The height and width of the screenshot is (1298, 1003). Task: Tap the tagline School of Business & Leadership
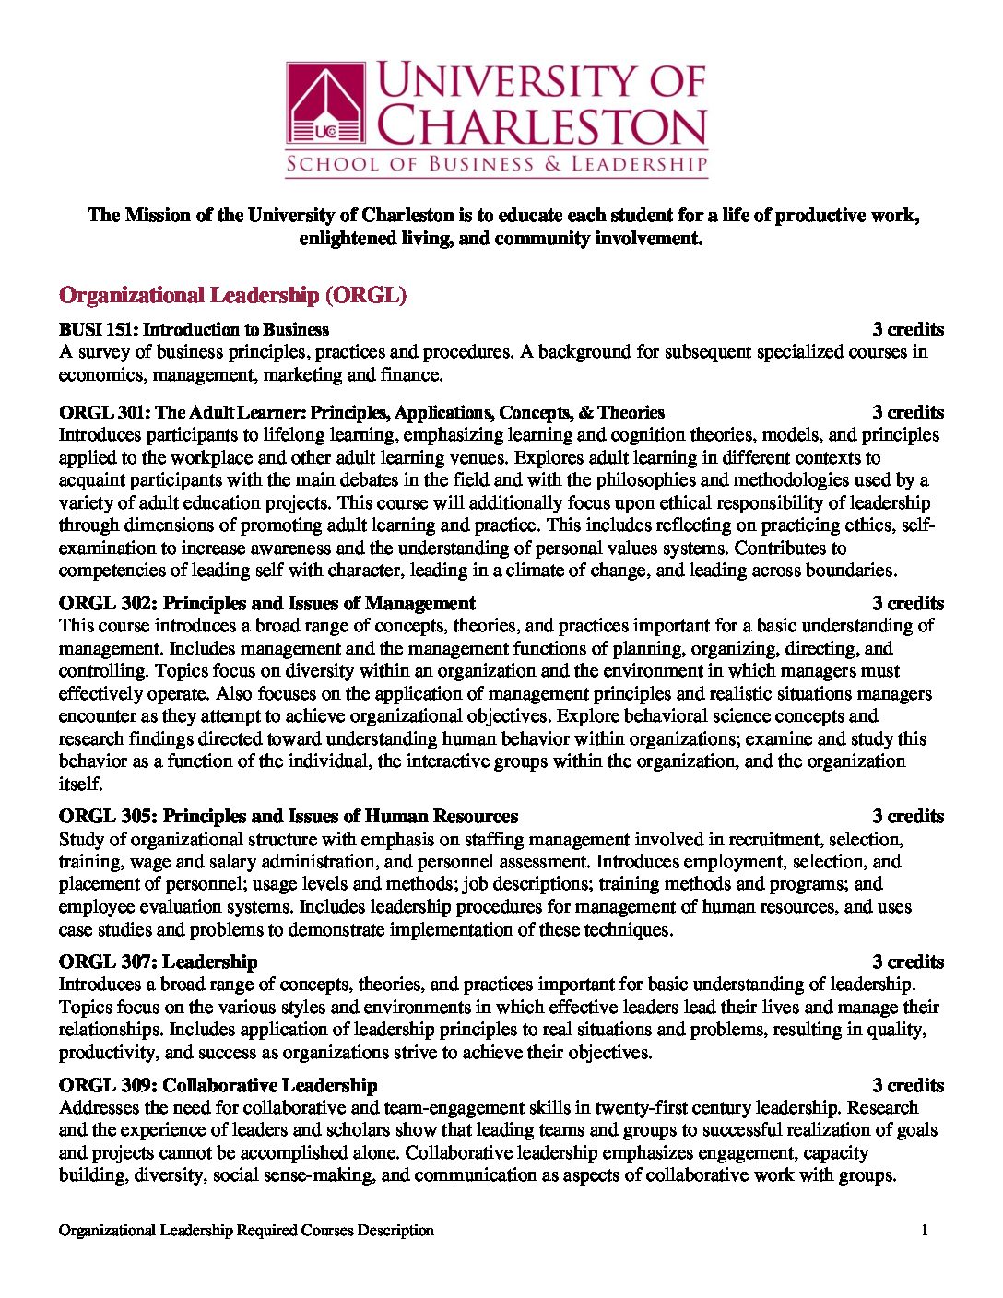coord(496,165)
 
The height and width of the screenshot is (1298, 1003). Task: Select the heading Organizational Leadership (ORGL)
coord(232,295)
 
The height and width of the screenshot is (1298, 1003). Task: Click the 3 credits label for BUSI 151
coord(908,329)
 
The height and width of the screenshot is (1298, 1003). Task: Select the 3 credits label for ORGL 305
coord(908,816)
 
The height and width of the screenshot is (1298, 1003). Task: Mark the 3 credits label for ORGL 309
coord(908,1085)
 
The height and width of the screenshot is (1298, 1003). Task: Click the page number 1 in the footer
coord(925,1230)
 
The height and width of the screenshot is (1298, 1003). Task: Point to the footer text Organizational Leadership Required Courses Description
coord(246,1230)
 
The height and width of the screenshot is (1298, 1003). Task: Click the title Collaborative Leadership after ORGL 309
coord(270,1085)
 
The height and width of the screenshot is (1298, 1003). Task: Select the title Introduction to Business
coord(236,329)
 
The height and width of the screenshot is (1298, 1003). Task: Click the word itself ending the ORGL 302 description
coord(79,784)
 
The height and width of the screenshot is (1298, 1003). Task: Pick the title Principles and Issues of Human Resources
coord(340,816)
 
